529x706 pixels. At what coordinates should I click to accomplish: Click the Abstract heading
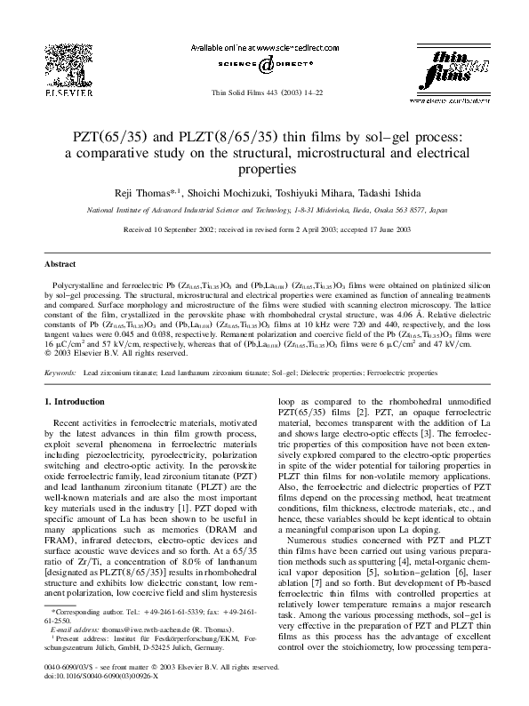click(59, 264)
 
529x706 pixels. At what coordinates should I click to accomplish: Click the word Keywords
click(60, 373)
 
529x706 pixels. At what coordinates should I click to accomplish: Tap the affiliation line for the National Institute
click(264, 211)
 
